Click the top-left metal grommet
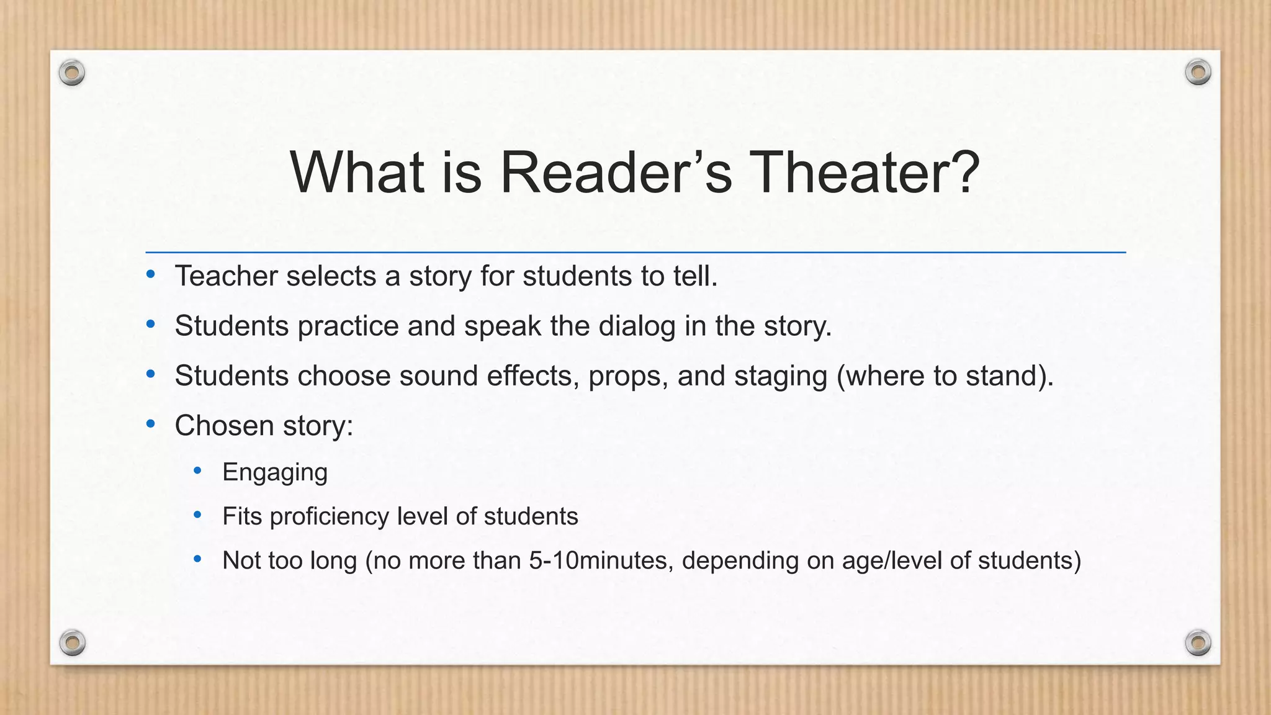click(x=72, y=73)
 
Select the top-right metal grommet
click(x=1198, y=73)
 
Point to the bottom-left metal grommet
click(x=72, y=642)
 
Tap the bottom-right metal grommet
click(x=1198, y=642)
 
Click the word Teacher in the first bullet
click(x=225, y=276)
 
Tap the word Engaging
click(x=275, y=473)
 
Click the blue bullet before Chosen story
click(x=151, y=425)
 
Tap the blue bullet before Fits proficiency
click(x=198, y=515)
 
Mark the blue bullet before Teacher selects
click(x=151, y=274)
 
